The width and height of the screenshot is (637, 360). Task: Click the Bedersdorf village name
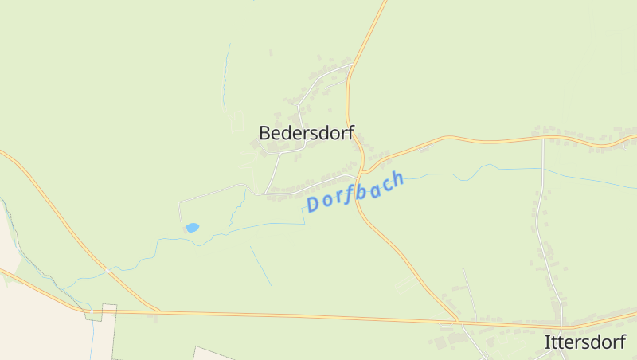[306, 133]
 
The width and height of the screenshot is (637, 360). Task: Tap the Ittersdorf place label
[584, 342]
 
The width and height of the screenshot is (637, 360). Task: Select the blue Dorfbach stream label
[356, 191]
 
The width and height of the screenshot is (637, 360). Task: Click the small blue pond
[192, 228]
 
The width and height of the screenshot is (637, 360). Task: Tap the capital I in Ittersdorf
[547, 342]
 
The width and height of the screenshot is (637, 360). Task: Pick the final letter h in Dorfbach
[397, 178]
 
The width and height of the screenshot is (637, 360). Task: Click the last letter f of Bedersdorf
[349, 133]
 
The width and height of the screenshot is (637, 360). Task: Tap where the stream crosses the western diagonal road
[106, 268]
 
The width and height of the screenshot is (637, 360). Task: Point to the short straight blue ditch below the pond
[260, 266]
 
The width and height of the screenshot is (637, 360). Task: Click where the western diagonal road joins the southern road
[158, 311]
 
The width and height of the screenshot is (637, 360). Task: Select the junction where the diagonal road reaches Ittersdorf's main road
[459, 322]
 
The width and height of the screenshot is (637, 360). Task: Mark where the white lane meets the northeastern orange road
[543, 138]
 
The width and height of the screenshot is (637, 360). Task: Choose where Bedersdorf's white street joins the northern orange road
[350, 66]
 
